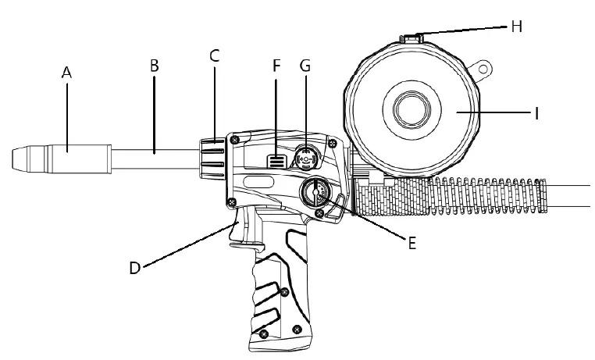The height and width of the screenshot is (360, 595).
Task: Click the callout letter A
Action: coord(66,72)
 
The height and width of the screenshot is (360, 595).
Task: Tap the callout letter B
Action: coord(154,66)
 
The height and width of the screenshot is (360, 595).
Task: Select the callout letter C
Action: coord(215,55)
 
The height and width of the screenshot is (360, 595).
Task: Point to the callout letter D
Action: coord(135,268)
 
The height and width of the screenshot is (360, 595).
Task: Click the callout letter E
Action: coord(412,242)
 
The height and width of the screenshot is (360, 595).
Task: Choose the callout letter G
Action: coord(305,66)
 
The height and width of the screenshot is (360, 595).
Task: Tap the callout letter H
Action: coord(516,27)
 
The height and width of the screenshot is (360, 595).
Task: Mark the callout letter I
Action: coord(536,113)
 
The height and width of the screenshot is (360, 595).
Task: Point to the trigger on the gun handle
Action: coord(240,231)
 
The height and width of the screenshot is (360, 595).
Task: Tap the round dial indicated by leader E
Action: coord(318,193)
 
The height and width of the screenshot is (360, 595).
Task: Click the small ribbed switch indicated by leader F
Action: coord(273,162)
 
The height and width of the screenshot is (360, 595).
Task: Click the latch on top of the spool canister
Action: coord(412,36)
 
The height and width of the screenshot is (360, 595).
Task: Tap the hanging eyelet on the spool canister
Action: coord(484,69)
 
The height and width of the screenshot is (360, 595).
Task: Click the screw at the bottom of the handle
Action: coord(265,333)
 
